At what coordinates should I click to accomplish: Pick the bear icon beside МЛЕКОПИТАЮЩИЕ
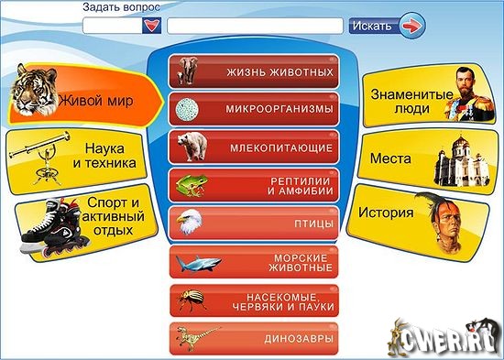(x=192, y=145)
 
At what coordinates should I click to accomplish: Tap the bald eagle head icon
(x=190, y=221)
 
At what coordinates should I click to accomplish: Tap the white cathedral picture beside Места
(x=453, y=161)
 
